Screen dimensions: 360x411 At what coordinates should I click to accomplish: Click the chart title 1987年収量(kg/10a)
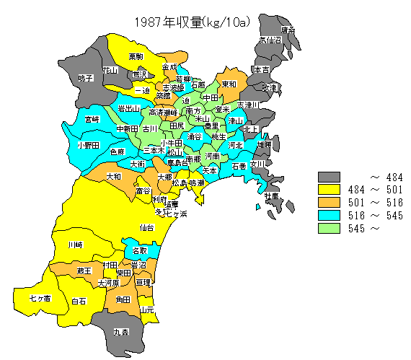coord(192,22)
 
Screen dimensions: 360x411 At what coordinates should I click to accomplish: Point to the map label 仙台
coord(146,227)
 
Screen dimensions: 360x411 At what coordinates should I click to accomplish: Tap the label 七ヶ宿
coord(40,297)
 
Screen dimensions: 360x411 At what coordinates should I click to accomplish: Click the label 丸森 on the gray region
coord(121,333)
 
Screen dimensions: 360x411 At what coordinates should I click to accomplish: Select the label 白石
coord(79,300)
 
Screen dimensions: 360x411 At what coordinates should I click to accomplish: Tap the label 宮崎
coord(92,118)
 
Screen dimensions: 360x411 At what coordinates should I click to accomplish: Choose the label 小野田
coord(88,145)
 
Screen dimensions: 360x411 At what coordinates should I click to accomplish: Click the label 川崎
coord(75,245)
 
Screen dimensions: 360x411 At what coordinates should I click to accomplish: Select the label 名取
coord(140,250)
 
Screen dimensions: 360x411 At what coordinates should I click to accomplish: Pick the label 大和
coord(113,176)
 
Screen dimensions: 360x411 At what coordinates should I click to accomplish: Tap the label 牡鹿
coord(271,196)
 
